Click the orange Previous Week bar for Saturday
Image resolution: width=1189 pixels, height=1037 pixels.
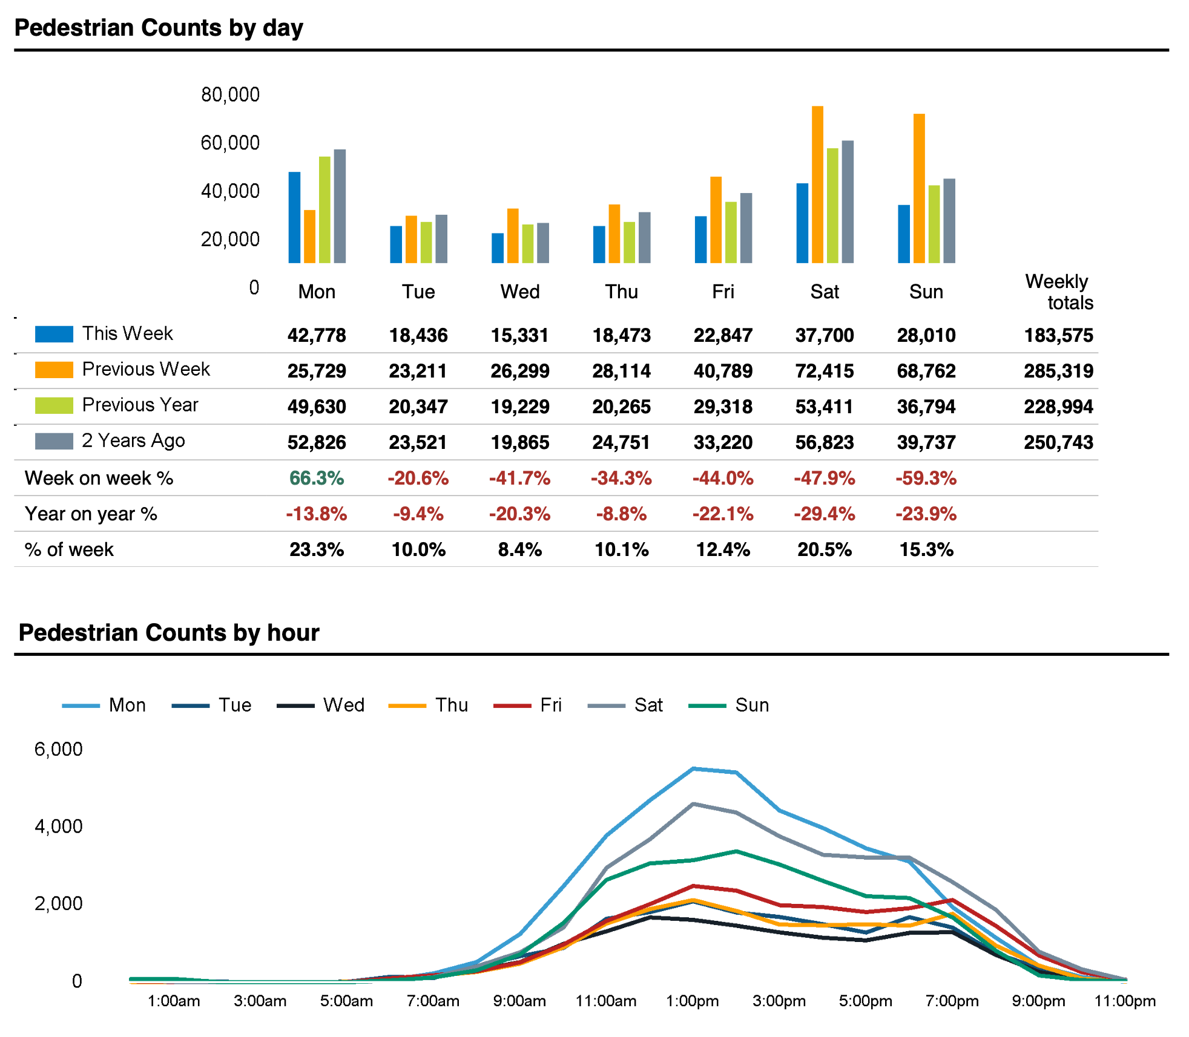tap(817, 185)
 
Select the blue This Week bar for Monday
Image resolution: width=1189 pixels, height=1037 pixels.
tap(294, 218)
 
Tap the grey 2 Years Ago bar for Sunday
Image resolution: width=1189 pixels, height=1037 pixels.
tap(949, 221)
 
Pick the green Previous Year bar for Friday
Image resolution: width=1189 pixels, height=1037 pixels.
tap(731, 232)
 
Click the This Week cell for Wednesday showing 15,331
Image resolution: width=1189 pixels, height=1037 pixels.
tap(519, 335)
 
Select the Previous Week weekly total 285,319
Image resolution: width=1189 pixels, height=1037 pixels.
tap(1058, 371)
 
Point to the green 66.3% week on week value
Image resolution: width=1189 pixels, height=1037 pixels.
tap(316, 478)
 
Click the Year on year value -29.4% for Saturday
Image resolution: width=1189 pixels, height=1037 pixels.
tap(824, 514)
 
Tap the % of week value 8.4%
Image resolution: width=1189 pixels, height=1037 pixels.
tap(519, 549)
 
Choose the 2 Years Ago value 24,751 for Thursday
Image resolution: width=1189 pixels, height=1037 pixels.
tap(621, 442)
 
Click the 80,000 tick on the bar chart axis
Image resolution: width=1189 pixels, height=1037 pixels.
tap(230, 94)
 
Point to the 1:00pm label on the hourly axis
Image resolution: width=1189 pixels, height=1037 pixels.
tap(692, 1001)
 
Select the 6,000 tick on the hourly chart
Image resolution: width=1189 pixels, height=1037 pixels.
tap(58, 749)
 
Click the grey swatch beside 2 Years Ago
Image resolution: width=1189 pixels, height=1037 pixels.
tap(54, 441)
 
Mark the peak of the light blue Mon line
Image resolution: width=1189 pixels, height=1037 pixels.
tap(693, 769)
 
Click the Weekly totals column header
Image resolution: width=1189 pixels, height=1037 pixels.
tap(1059, 292)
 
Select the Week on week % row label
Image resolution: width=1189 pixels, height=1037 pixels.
tap(99, 478)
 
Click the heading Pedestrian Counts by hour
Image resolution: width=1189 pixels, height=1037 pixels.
tap(169, 632)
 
